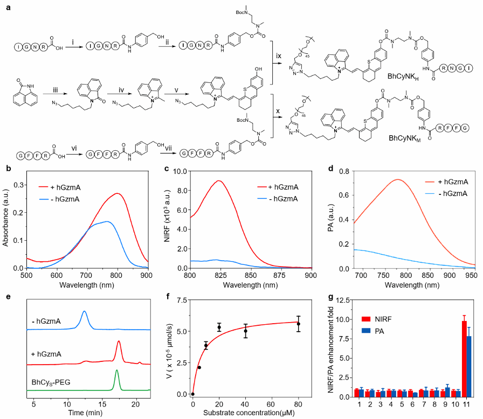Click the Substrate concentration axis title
click(x=252, y=414)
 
